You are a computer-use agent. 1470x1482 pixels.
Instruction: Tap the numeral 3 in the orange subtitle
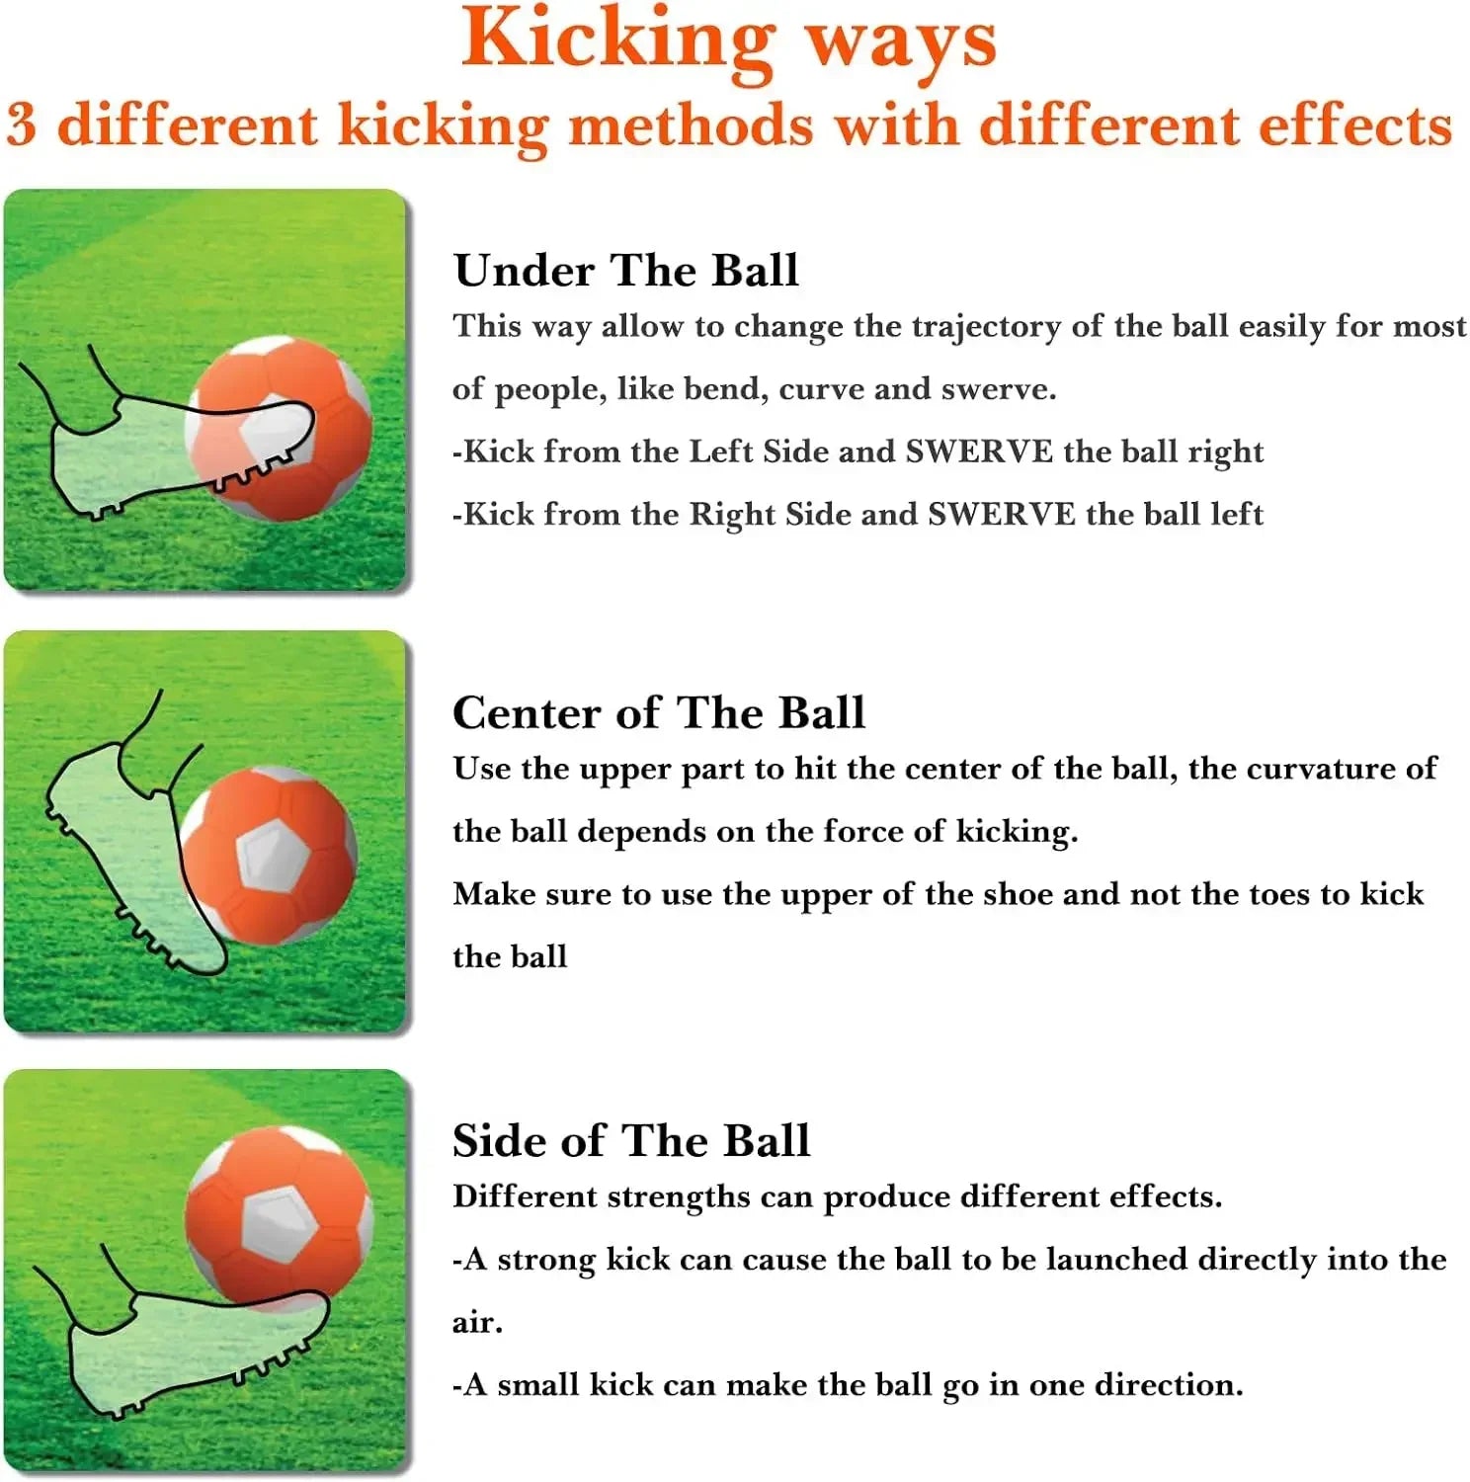pos(22,126)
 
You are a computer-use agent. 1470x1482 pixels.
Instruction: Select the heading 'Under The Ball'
pos(625,271)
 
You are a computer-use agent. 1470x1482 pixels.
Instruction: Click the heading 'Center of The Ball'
pos(658,712)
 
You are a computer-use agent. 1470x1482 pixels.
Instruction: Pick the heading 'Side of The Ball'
pos(630,1141)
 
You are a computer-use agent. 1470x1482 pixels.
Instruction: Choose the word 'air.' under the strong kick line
pos(477,1323)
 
